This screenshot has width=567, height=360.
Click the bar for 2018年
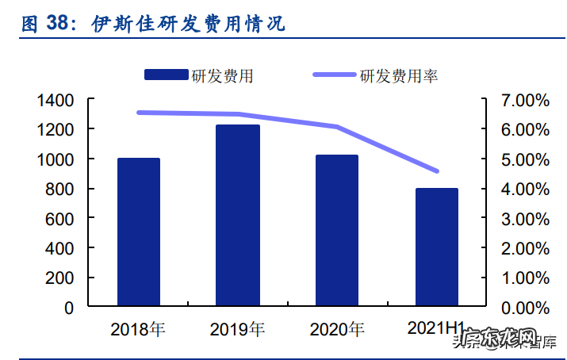point(139,232)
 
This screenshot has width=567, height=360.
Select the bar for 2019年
point(238,215)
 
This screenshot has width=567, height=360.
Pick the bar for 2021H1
point(437,247)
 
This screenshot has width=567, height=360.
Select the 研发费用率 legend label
point(399,76)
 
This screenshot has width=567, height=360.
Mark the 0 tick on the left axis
point(69,307)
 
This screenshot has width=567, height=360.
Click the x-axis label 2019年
point(238,328)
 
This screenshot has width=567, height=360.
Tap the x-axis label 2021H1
point(435,327)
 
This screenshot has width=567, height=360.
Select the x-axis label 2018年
point(139,328)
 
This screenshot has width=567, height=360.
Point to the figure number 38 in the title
point(58,24)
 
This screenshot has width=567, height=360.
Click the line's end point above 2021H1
point(437,171)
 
